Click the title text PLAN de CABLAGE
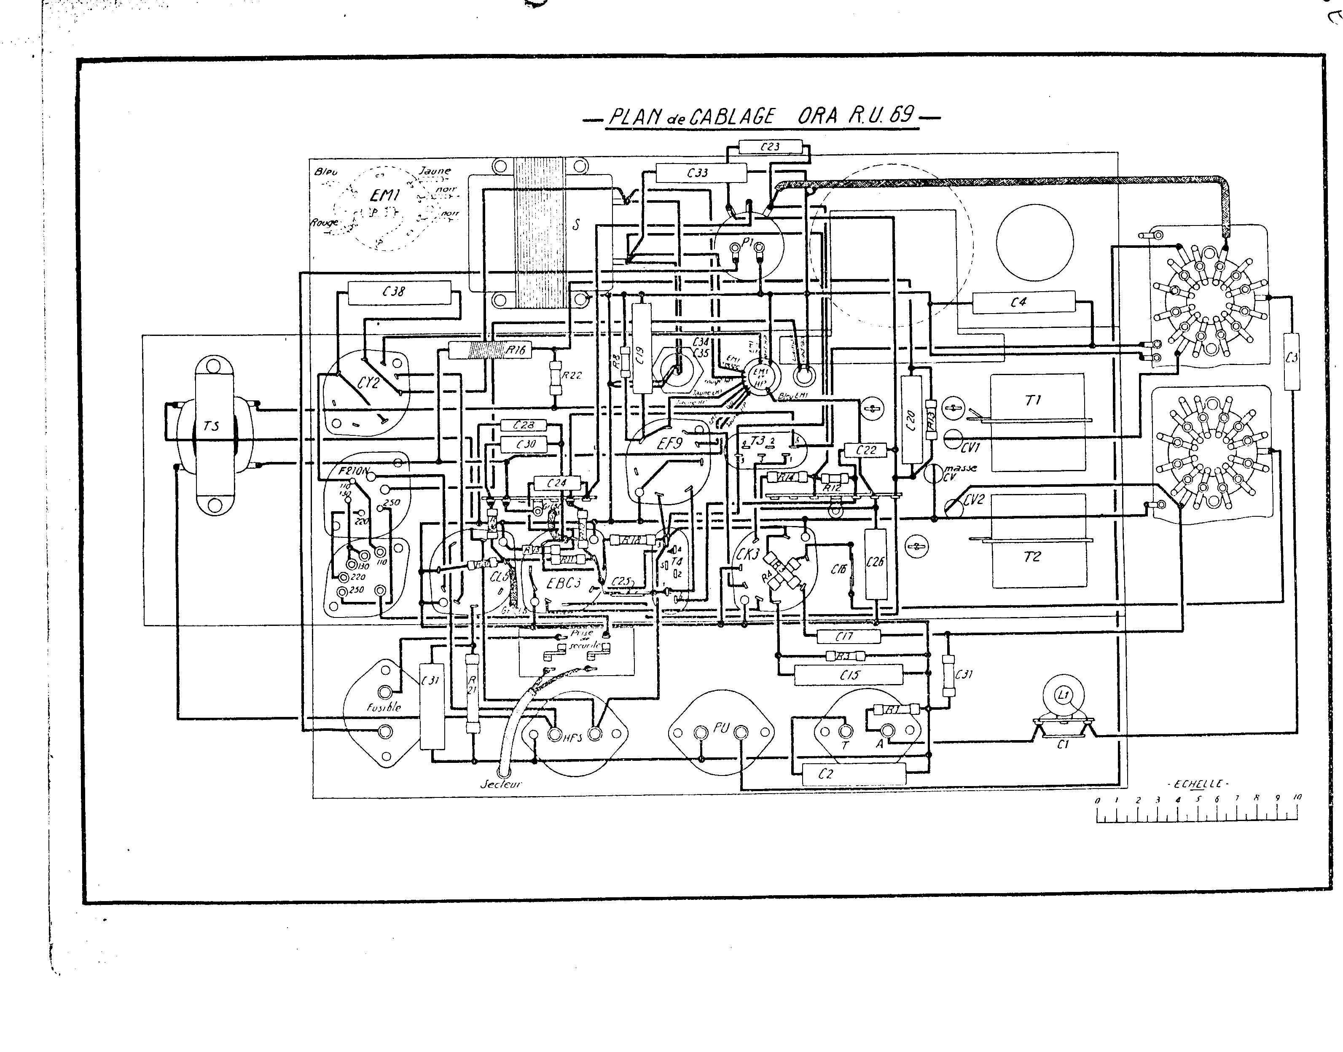[x=691, y=117]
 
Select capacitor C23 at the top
[x=770, y=147]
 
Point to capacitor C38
[x=399, y=292]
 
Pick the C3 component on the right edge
[x=1292, y=361]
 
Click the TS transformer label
[x=211, y=426]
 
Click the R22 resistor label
[x=571, y=375]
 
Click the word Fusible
[x=384, y=707]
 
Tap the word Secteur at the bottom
[x=500, y=784]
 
